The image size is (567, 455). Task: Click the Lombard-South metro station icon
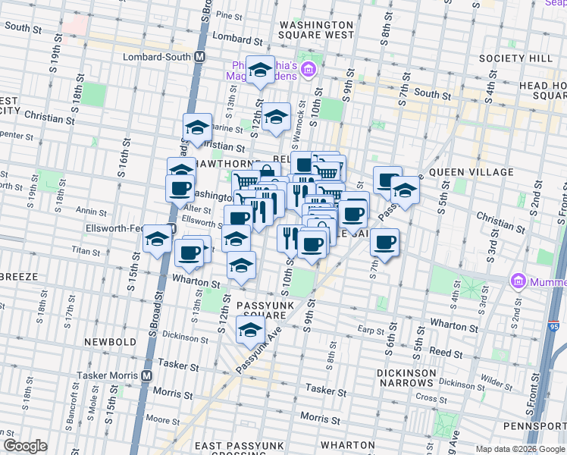(x=200, y=57)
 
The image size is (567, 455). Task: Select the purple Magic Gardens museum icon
(x=309, y=71)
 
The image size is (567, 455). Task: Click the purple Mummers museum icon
(x=519, y=281)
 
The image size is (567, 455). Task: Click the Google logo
(x=25, y=447)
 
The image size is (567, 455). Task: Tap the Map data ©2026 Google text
(x=519, y=449)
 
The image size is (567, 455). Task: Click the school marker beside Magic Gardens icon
(x=260, y=71)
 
